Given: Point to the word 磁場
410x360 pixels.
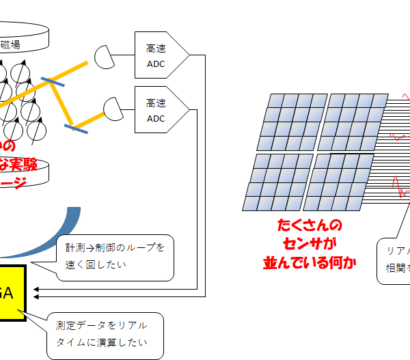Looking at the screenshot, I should tap(10, 45).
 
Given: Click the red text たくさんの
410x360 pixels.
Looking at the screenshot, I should tap(310, 226).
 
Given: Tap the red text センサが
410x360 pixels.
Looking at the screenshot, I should tap(309, 244).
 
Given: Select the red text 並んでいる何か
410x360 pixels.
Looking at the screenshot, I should tap(310, 262).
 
